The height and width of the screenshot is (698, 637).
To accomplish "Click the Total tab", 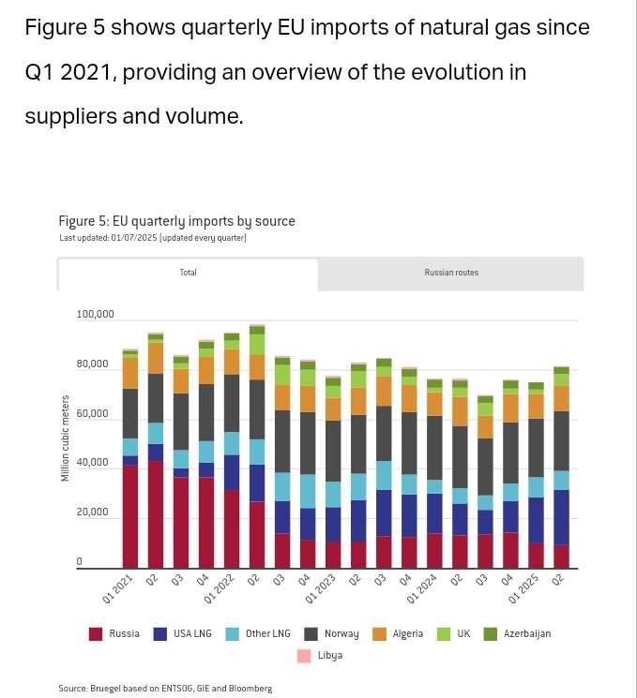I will point(188,274).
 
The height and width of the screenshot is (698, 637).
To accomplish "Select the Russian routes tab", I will point(451,274).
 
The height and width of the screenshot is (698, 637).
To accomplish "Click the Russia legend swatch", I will point(96,634).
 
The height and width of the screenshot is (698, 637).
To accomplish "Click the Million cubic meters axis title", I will point(66,439).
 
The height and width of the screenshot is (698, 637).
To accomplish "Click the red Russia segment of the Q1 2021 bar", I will point(130,515).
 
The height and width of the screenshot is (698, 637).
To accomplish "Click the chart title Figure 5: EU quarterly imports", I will point(176,222).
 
